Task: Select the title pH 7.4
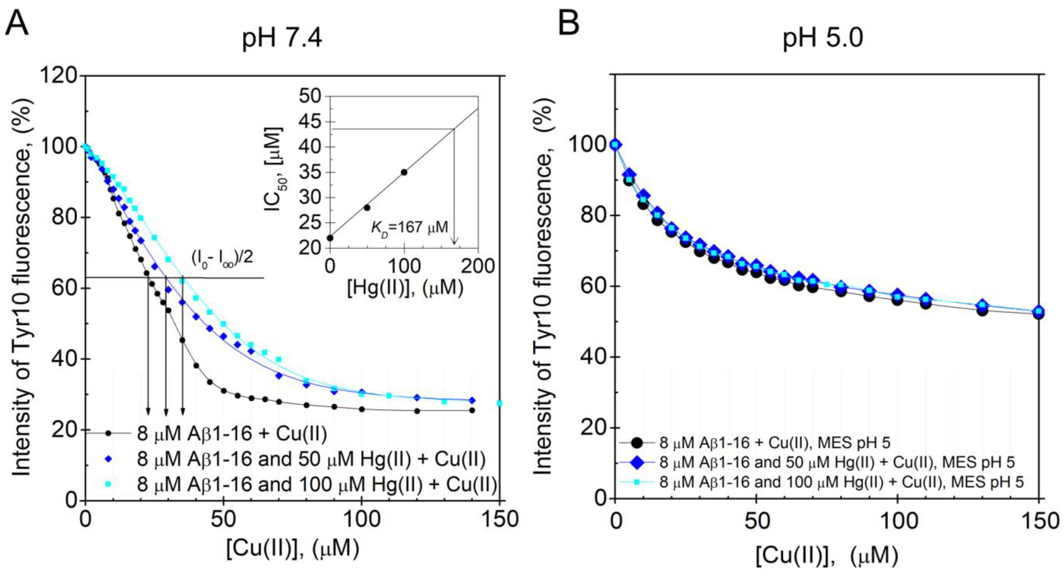tap(282, 39)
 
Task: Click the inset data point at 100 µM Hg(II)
tap(404, 172)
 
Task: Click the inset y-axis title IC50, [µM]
tap(275, 169)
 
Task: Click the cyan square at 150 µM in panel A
tap(499, 403)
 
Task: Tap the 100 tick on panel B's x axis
tap(897, 522)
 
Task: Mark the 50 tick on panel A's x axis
tap(223, 519)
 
